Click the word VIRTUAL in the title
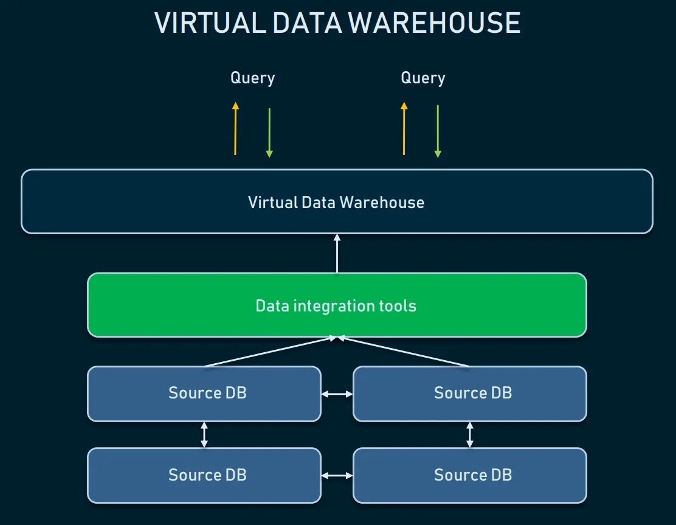(209, 23)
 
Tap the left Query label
(252, 78)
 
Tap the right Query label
(423, 78)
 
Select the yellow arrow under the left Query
(236, 128)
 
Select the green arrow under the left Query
(269, 132)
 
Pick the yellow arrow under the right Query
(404, 128)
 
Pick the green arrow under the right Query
(438, 132)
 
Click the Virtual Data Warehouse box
(336, 202)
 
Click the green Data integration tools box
(336, 305)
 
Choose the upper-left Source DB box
(204, 393)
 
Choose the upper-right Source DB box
(469, 393)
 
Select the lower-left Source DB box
(204, 475)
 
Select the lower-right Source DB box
(469, 475)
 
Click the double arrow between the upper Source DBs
(337, 394)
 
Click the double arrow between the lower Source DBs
(337, 476)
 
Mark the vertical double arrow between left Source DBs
(204, 435)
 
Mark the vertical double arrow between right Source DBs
(470, 435)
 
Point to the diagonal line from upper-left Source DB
(267, 352)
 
